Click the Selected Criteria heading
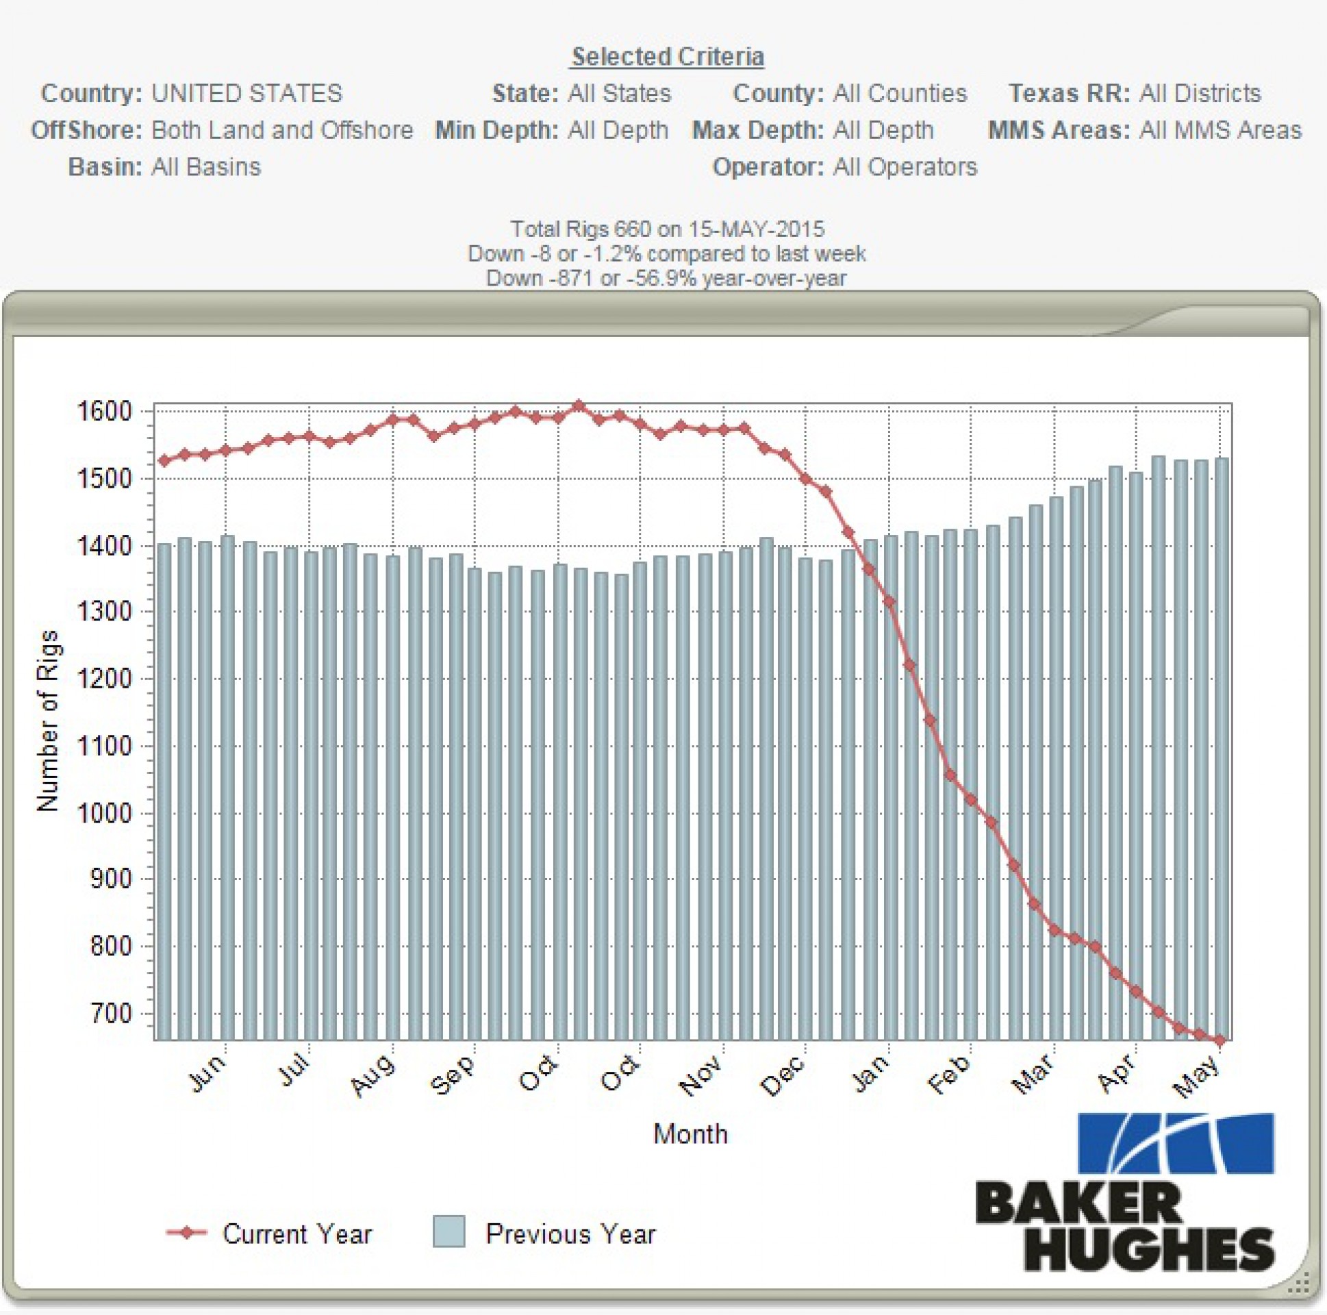tap(668, 56)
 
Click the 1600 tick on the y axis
tap(103, 412)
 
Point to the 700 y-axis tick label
tap(111, 1014)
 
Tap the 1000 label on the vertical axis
tap(103, 814)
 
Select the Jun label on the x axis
tap(206, 1074)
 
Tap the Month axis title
tap(690, 1134)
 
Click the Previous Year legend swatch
tap(449, 1231)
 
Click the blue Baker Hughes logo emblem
tap(1176, 1143)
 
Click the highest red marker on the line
tap(579, 406)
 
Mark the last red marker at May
tap(1220, 1041)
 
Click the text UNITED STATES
tap(247, 93)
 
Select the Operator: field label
tap(768, 167)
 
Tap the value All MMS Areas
tap(1220, 131)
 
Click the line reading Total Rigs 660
tap(667, 229)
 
